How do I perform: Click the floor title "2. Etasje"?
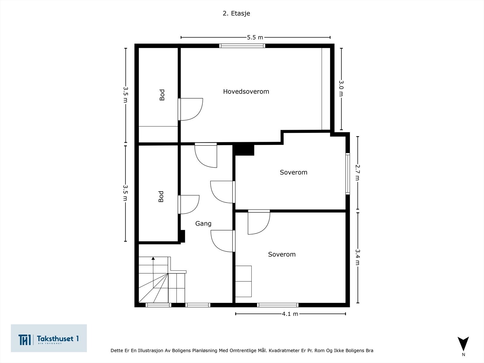tap(236, 13)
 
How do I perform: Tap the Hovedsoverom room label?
tap(246, 91)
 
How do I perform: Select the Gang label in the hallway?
tap(203, 224)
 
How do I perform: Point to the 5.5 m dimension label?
tap(255, 38)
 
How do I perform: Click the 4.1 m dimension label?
tap(290, 314)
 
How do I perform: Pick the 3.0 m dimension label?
tap(341, 88)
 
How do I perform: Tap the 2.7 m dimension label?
tap(358, 172)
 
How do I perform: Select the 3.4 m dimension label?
tap(358, 257)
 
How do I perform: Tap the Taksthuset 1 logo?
tap(49, 338)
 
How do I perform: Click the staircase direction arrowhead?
tap(153, 258)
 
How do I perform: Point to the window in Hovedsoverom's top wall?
tap(242, 46)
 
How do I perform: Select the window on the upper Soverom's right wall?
tap(348, 174)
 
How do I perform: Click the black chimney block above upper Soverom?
tap(244, 150)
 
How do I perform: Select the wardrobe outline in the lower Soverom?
tap(244, 281)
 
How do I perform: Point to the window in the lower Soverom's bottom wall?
tap(278, 305)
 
